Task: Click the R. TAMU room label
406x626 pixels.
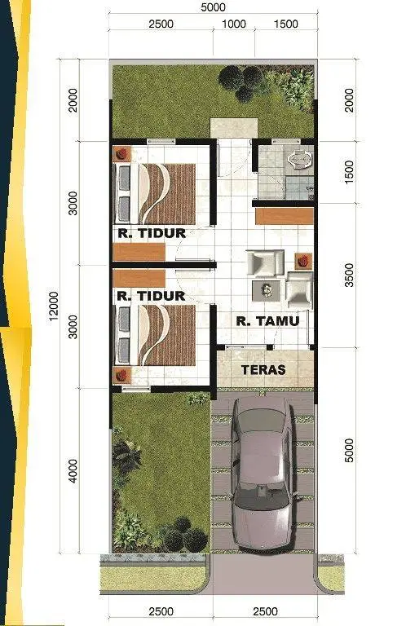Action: (x=267, y=321)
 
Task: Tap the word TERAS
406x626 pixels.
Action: (x=263, y=370)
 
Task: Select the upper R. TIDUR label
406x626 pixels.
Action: (x=152, y=233)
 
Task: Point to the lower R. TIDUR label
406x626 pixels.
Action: (x=151, y=296)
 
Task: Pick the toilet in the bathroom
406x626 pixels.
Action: (x=300, y=159)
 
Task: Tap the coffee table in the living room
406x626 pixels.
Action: (x=267, y=290)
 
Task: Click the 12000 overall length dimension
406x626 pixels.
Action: (x=54, y=306)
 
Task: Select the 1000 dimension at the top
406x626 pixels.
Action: (x=234, y=24)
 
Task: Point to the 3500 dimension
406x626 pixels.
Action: (x=349, y=275)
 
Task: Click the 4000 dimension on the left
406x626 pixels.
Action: (x=73, y=471)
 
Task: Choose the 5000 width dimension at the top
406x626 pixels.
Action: (x=213, y=7)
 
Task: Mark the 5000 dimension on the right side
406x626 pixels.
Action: (x=349, y=450)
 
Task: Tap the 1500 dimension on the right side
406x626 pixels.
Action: (x=349, y=172)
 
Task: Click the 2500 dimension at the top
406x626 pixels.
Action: (x=161, y=24)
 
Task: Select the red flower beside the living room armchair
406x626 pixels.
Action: (x=304, y=261)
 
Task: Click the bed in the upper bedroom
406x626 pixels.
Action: (x=155, y=194)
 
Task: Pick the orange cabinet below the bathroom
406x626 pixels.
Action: (x=285, y=216)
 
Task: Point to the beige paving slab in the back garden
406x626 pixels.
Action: (x=234, y=128)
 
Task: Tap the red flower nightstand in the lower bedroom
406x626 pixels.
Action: (x=122, y=374)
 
